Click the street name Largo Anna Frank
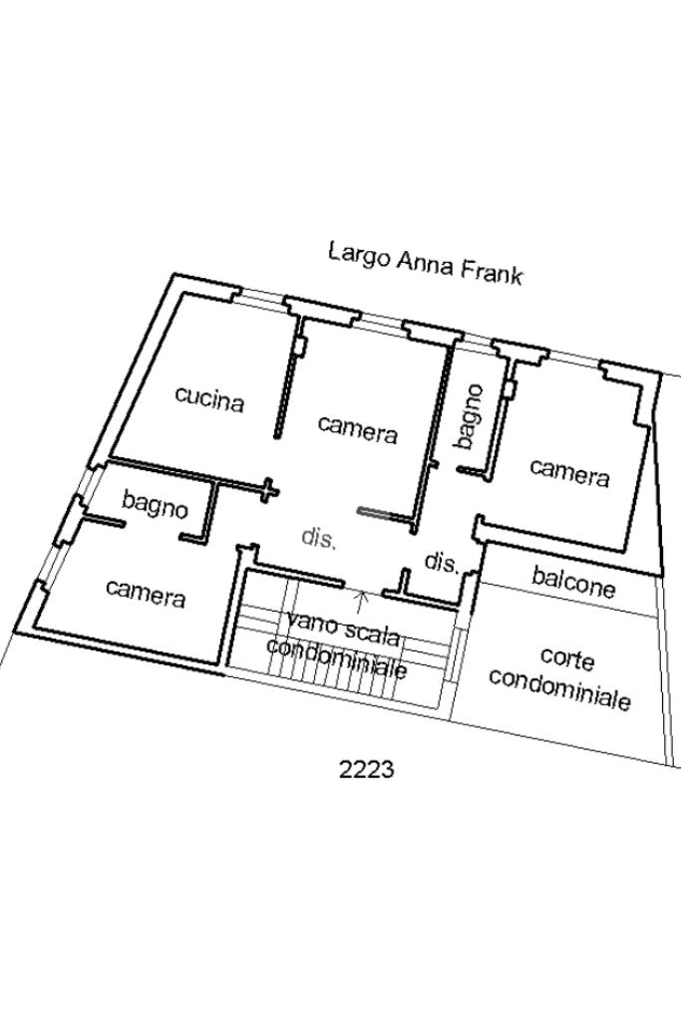point(426,263)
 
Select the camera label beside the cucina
point(358,429)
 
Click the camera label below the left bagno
point(146,593)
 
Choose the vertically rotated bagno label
point(470,416)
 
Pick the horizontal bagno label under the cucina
point(155,504)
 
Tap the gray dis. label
point(319,538)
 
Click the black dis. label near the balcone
point(443,562)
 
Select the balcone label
point(573,582)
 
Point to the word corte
point(567,658)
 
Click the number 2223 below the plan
point(366,769)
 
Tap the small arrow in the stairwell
point(362,602)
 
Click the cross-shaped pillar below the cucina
point(269,489)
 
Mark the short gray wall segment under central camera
point(374,513)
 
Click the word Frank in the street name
point(492,272)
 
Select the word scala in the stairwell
point(369,634)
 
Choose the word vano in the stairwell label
point(311,625)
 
